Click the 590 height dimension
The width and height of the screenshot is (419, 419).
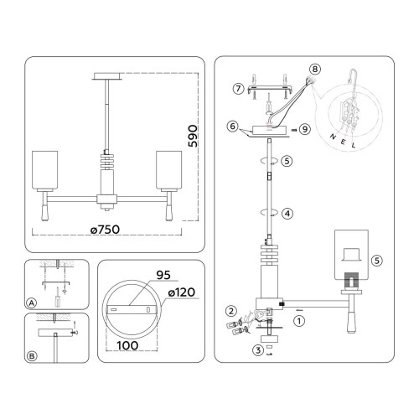click(x=193, y=136)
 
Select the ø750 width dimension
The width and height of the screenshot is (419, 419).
click(x=106, y=230)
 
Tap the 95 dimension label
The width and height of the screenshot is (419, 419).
click(x=163, y=275)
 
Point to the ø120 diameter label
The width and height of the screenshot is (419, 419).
click(x=182, y=292)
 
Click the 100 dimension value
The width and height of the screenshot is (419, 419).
click(x=127, y=345)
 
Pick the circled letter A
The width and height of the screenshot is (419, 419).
click(x=32, y=303)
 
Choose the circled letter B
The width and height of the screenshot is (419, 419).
click(x=32, y=356)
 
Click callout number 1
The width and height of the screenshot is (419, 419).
click(x=299, y=321)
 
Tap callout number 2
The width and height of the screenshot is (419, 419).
click(x=231, y=311)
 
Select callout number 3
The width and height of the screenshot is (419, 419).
click(x=258, y=350)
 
